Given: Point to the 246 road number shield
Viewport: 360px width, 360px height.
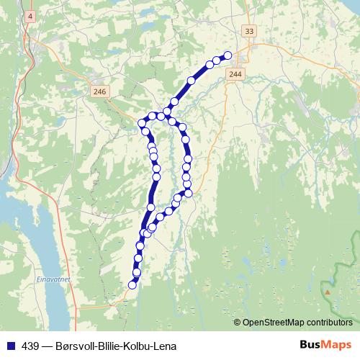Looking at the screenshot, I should (99, 91).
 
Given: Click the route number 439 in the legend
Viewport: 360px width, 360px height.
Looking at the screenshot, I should (31, 346).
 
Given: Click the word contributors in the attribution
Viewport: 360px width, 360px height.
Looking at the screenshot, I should (329, 323).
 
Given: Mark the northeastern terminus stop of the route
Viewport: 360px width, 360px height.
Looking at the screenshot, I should (228, 55).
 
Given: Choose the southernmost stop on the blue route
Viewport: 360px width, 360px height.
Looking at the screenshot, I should (132, 285).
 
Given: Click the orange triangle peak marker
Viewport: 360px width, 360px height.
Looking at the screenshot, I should (328, 292).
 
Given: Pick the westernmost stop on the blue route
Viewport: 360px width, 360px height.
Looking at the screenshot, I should (142, 123).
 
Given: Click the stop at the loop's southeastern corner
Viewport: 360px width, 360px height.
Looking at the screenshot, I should (189, 192).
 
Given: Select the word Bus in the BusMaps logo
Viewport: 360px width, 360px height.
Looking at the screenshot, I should (311, 345).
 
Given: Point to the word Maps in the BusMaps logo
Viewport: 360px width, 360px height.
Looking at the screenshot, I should (336, 345).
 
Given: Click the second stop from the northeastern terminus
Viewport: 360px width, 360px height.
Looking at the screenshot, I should (217, 60).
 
